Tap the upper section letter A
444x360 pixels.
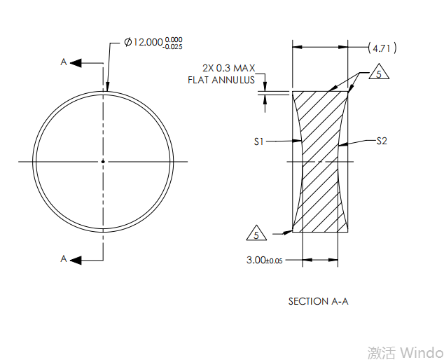coord(64,62)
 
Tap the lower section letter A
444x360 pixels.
coord(64,259)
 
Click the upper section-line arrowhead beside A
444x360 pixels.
coord(76,63)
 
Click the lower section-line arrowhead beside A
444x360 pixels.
coord(76,260)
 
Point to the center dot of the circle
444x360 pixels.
coord(103,162)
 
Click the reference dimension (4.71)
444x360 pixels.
coord(382,48)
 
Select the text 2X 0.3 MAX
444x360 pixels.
coord(228,68)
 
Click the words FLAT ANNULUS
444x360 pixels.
coord(221,80)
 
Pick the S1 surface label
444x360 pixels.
coord(259,141)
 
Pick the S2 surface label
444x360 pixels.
coord(382,141)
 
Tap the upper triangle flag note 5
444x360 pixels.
coord(377,74)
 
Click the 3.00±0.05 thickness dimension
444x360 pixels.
coord(264,260)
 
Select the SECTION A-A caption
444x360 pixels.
coord(318,301)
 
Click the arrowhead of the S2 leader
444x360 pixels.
coord(341,145)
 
